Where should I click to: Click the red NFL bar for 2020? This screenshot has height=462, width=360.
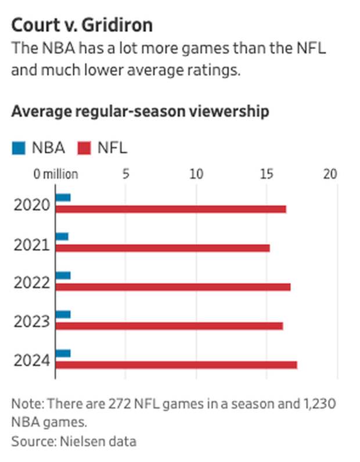click(x=171, y=209)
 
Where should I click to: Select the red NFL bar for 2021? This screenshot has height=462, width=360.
click(x=163, y=248)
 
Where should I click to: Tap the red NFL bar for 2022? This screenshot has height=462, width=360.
click(x=173, y=287)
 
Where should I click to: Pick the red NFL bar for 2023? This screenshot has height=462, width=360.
click(x=169, y=326)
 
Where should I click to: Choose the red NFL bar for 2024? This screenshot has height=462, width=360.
click(x=176, y=364)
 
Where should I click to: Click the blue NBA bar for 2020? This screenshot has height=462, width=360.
click(x=63, y=197)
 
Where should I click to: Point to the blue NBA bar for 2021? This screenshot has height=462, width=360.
click(x=62, y=236)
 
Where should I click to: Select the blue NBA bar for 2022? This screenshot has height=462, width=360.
click(x=63, y=275)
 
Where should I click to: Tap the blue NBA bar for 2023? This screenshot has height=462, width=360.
click(x=63, y=314)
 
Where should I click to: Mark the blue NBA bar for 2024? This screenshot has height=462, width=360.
click(x=63, y=353)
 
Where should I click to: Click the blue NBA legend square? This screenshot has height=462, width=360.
click(x=19, y=148)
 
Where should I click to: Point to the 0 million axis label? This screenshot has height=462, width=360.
click(x=55, y=174)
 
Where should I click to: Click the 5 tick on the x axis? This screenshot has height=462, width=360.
click(x=125, y=174)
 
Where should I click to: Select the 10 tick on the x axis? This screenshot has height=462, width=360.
click(x=196, y=174)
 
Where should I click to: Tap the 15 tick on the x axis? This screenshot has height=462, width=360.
click(x=267, y=174)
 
